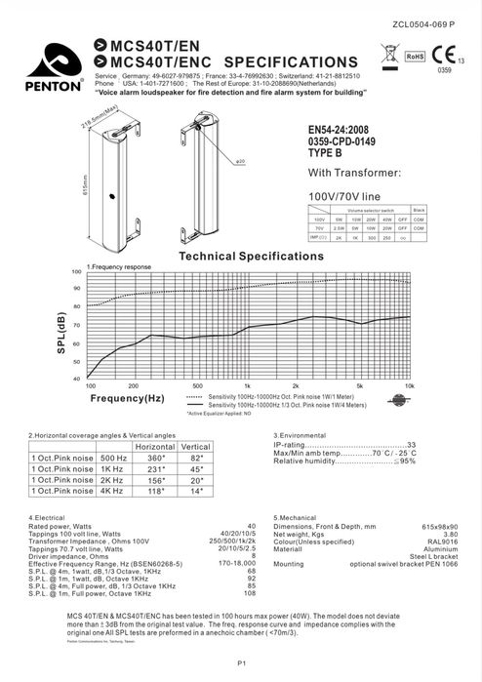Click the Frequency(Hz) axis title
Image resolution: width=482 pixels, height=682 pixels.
pos(128,399)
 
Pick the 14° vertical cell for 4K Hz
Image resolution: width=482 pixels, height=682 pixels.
pos(195,492)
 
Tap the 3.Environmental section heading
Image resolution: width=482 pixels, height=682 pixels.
pos(304,434)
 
